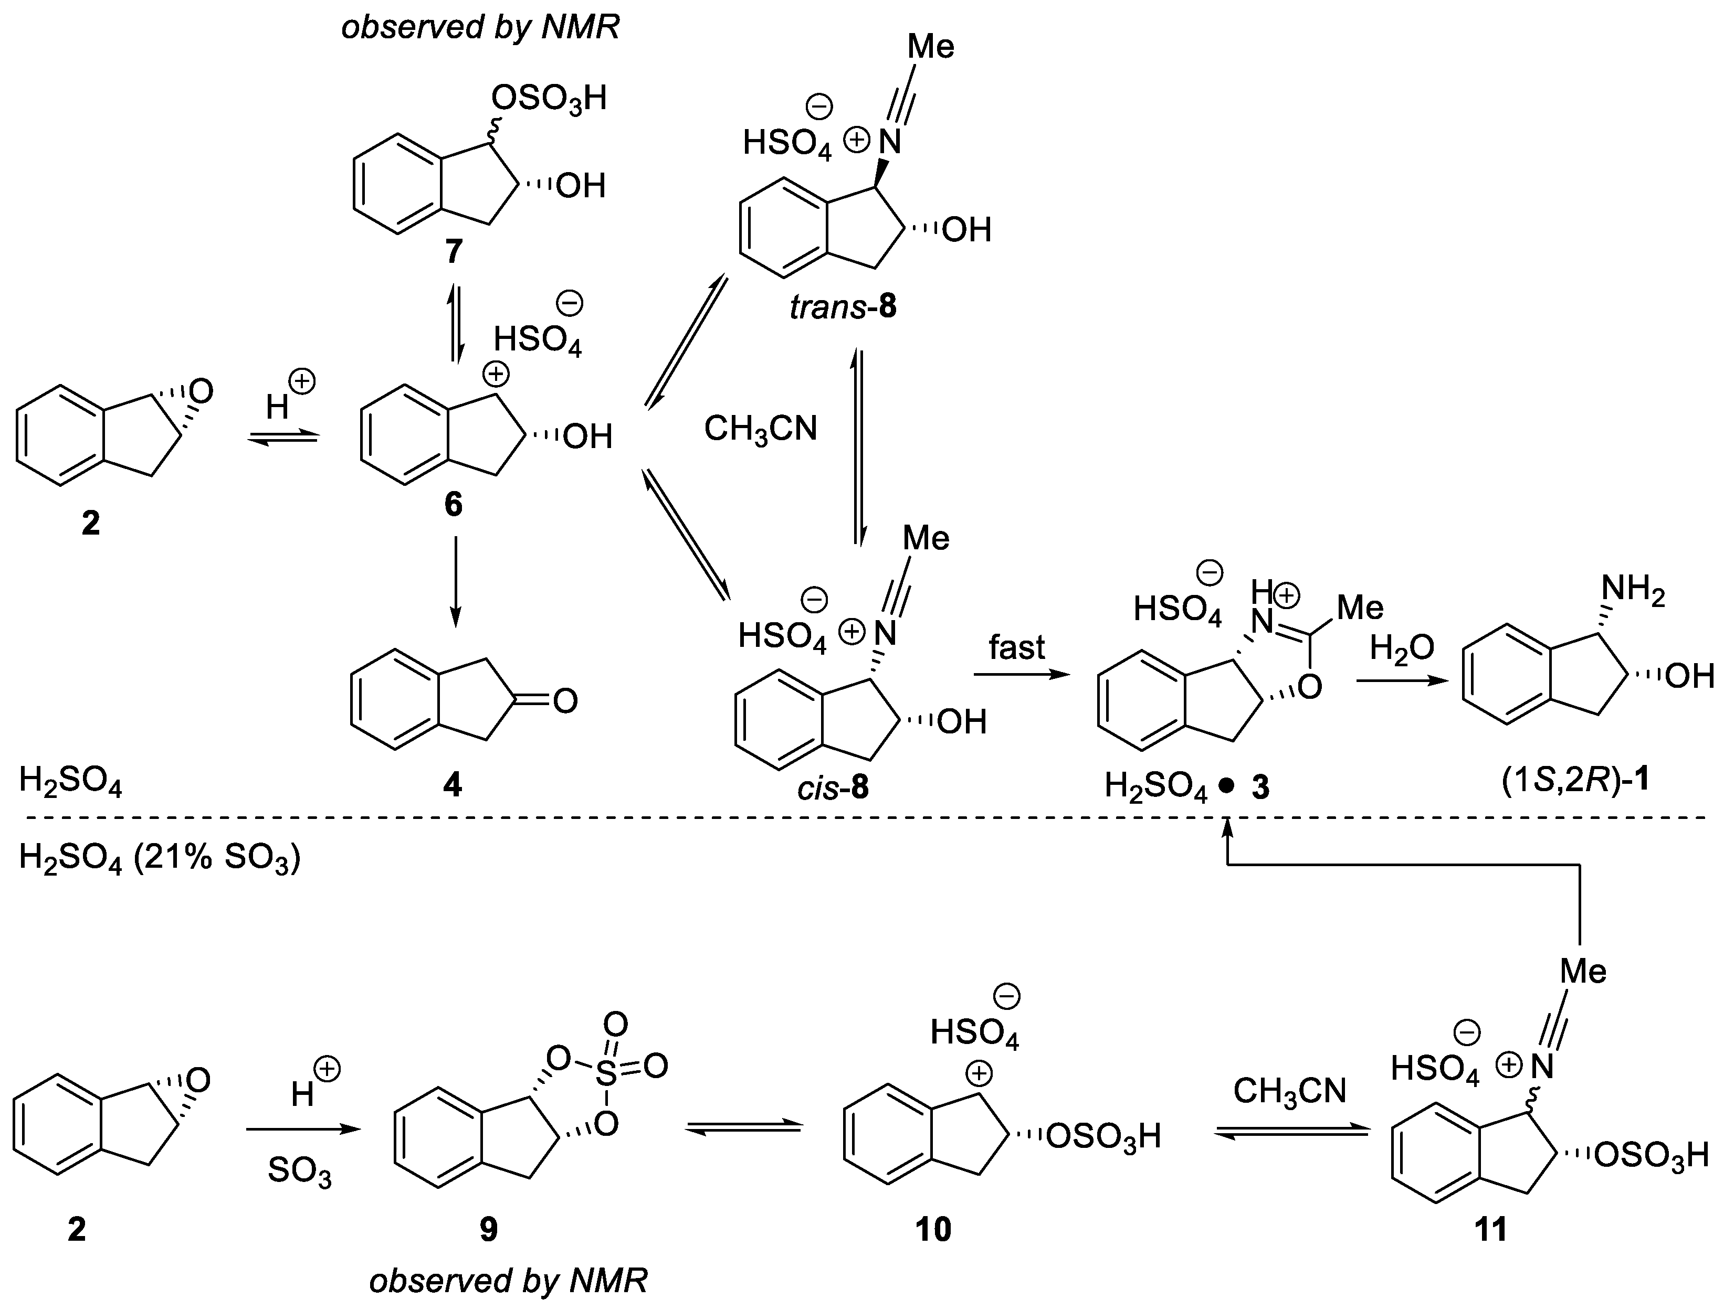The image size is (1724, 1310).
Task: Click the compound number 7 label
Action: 453,251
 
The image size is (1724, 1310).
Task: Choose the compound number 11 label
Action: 1491,1230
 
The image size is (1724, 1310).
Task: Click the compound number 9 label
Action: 488,1230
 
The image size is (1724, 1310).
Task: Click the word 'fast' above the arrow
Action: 1016,647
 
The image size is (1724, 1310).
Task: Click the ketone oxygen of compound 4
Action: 565,701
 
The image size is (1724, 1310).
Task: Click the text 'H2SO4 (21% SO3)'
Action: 159,859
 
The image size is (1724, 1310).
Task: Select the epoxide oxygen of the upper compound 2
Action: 201,391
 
